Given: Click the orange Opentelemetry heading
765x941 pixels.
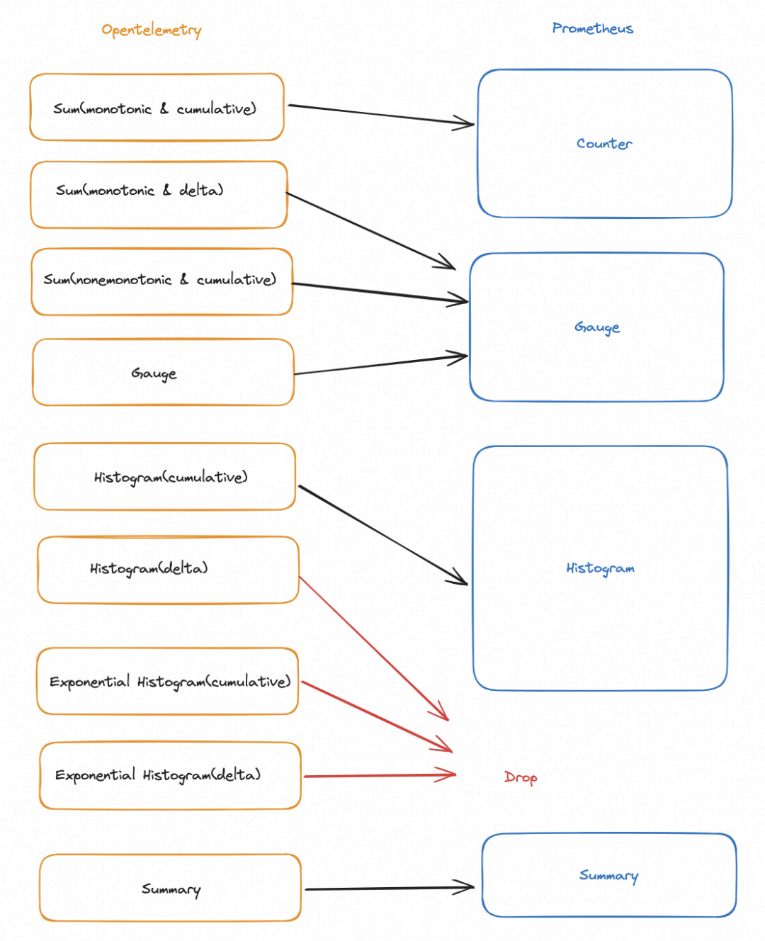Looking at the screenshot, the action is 151,30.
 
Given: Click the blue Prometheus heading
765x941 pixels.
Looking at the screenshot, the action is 592,28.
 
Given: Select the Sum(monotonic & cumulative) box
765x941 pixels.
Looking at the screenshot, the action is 157,107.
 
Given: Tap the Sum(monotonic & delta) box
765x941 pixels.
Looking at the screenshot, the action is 159,194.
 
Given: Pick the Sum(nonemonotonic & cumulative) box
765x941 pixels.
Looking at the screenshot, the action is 161,281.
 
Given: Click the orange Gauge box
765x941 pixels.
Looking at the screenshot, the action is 163,372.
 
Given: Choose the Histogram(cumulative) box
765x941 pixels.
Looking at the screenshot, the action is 165,476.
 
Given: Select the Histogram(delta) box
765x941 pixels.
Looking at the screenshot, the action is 169,570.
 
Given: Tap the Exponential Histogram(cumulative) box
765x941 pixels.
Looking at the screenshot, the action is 168,681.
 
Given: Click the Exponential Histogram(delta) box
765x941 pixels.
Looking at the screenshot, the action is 171,775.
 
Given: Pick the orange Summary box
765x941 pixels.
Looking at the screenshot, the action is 171,888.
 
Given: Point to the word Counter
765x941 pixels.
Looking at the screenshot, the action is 604,144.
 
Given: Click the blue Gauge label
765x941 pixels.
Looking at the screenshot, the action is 596,327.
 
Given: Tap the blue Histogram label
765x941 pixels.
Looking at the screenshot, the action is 600,568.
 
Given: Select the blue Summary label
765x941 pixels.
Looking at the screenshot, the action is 608,876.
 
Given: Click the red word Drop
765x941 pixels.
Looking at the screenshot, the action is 521,777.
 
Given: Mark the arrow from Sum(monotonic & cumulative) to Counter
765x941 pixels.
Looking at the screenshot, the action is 381,115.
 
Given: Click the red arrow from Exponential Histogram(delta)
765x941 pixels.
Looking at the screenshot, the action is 380,775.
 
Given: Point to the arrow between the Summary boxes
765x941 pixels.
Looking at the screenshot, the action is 390,888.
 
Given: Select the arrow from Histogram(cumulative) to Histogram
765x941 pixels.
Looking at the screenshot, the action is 383,535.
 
